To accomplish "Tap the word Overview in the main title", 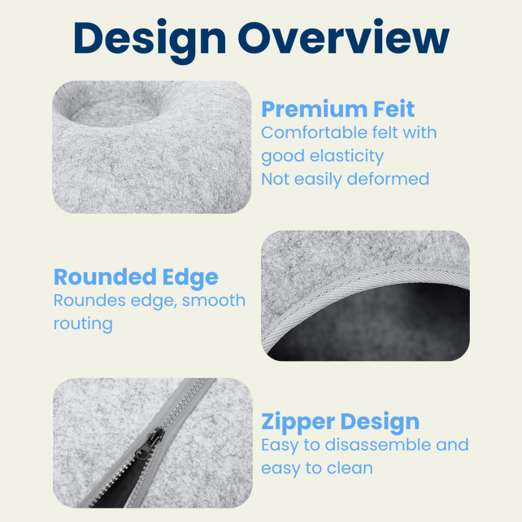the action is pyautogui.click(x=343, y=37).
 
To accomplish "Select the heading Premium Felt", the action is pyautogui.click(x=338, y=109).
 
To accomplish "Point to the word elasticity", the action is pyautogui.click(x=346, y=157).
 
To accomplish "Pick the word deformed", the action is pyautogui.click(x=388, y=179).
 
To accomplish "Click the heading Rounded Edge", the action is pyautogui.click(x=136, y=278).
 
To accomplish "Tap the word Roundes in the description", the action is pyautogui.click(x=90, y=300).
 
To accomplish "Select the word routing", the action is pyautogui.click(x=83, y=324).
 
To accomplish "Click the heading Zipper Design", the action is pyautogui.click(x=340, y=422).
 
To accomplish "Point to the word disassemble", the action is pyautogui.click(x=378, y=445).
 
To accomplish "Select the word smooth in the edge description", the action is pyautogui.click(x=213, y=300).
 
